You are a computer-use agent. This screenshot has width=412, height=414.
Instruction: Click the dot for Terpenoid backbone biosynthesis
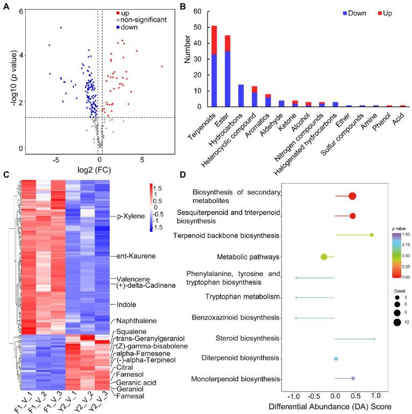pyautogui.click(x=372, y=235)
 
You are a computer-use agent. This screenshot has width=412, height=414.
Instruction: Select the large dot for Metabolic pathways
pyautogui.click(x=324, y=257)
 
